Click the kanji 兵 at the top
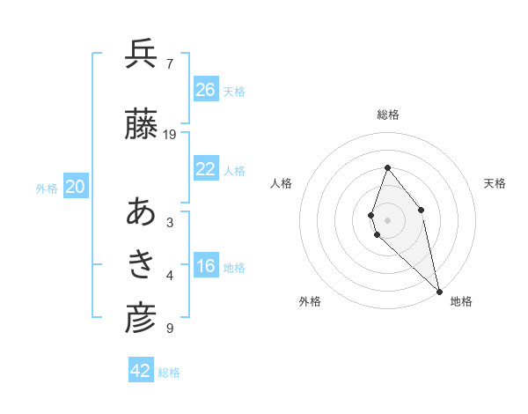[x=141, y=55]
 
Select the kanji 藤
[x=141, y=126]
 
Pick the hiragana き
[x=141, y=263]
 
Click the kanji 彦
[x=141, y=319]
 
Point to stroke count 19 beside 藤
[x=170, y=135]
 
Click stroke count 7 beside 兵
[x=170, y=64]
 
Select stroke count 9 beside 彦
[x=170, y=329]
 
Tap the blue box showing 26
[x=205, y=90]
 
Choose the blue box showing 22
[x=205, y=169]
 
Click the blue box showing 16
[x=205, y=267]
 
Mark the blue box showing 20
[x=76, y=187]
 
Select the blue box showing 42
[x=141, y=371]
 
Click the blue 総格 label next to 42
[x=169, y=373]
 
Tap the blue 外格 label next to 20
[x=47, y=189]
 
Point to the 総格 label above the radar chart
[x=387, y=115]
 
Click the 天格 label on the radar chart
[x=495, y=183]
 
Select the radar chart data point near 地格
[x=439, y=291]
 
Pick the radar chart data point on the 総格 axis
[x=387, y=167]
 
